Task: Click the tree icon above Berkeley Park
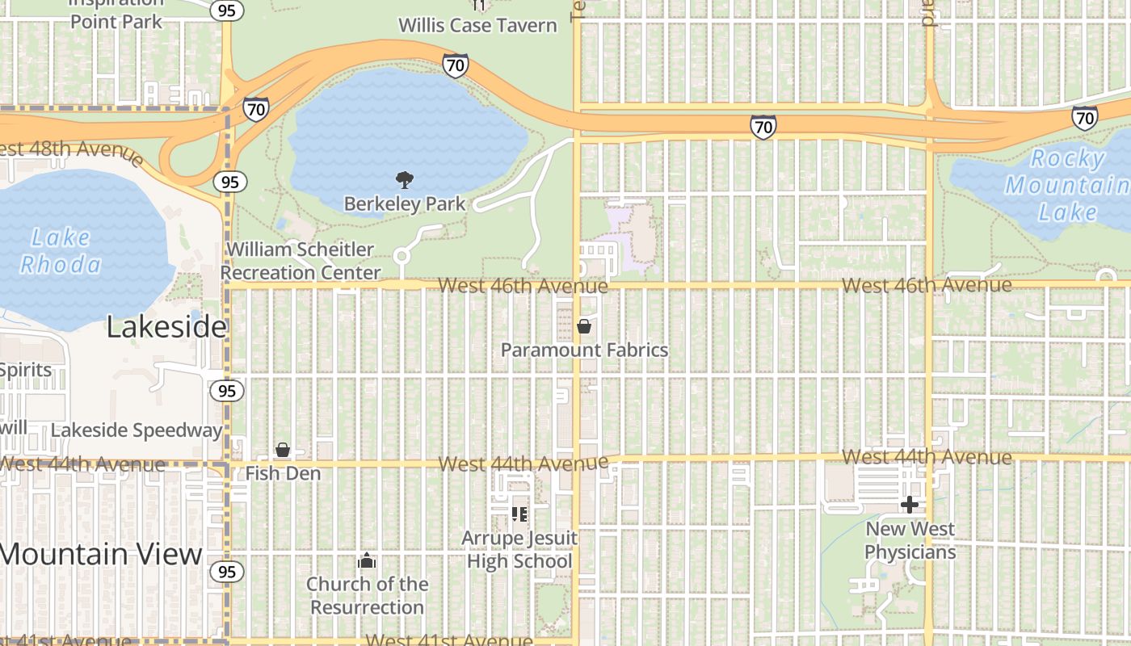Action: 405,179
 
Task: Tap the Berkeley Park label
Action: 405,203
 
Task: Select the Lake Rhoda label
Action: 61,251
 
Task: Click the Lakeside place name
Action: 166,327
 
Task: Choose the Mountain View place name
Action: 101,554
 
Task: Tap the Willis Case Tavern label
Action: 477,25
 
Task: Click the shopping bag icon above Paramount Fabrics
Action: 584,326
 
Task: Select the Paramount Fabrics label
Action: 584,350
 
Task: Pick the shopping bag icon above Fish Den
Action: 283,450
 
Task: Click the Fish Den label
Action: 284,473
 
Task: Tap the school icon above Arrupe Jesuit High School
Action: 519,513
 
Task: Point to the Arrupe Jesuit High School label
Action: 519,550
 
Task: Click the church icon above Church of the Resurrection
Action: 367,560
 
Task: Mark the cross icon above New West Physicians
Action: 910,505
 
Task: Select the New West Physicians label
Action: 910,541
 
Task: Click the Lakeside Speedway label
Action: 137,430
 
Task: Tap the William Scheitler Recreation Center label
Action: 301,261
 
